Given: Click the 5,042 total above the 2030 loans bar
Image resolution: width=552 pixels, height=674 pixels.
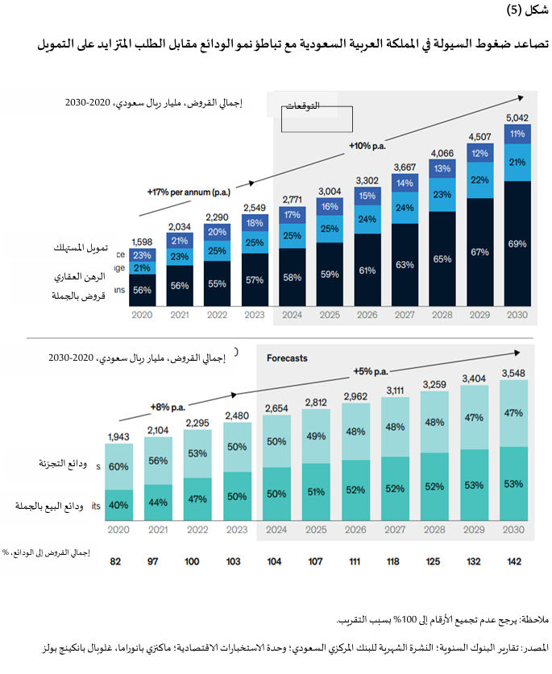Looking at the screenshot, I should pyautogui.click(x=516, y=118).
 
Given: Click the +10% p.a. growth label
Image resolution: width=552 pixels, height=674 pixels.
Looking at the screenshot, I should pyautogui.click(x=367, y=146).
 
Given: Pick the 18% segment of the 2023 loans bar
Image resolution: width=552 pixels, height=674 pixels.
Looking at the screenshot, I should pyautogui.click(x=254, y=223).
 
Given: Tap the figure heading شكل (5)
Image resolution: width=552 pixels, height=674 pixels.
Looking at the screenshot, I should pyautogui.click(x=524, y=10).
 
